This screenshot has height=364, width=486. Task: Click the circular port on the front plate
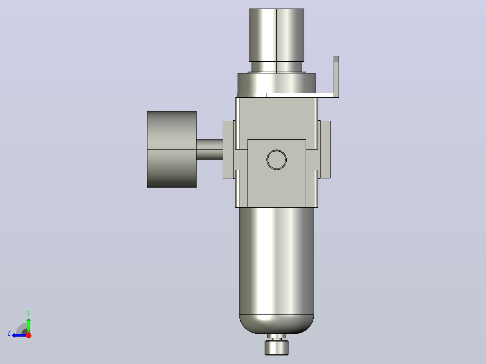[276, 160]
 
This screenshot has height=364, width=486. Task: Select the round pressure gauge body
[172, 149]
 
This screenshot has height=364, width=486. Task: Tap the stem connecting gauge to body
[210, 149]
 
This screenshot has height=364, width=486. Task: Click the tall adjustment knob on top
[276, 35]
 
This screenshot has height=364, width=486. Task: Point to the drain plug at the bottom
[276, 348]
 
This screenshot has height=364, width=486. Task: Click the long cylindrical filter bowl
[276, 261]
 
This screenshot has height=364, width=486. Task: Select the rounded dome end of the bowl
[276, 324]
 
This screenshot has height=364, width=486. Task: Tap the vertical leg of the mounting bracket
[336, 77]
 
